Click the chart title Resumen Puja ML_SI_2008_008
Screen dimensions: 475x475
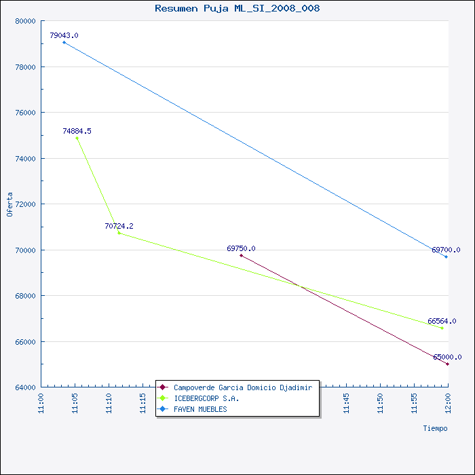coord(237,8)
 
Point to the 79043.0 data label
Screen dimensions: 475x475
coord(64,35)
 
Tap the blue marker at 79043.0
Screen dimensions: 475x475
coord(64,42)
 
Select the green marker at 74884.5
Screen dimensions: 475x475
coord(77,138)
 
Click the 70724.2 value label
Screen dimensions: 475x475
coord(119,226)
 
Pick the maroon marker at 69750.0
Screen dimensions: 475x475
coord(241,255)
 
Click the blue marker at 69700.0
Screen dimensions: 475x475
coord(446,256)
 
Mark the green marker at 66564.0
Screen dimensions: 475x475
coord(442,328)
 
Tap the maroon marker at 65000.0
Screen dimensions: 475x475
coord(447,364)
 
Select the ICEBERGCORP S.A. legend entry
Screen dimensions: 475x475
coord(198,398)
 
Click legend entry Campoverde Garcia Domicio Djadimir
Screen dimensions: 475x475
coord(235,387)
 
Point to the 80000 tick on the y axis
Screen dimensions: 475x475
coord(25,21)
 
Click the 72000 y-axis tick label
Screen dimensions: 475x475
coord(25,204)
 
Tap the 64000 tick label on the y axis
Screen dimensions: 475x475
coord(25,387)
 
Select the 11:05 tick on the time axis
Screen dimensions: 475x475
coord(75,403)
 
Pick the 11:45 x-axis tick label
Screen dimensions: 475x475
coord(346,403)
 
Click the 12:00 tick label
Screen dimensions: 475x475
coord(448,403)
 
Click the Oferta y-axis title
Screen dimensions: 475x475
coord(9,204)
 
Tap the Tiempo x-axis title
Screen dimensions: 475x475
coord(435,428)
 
